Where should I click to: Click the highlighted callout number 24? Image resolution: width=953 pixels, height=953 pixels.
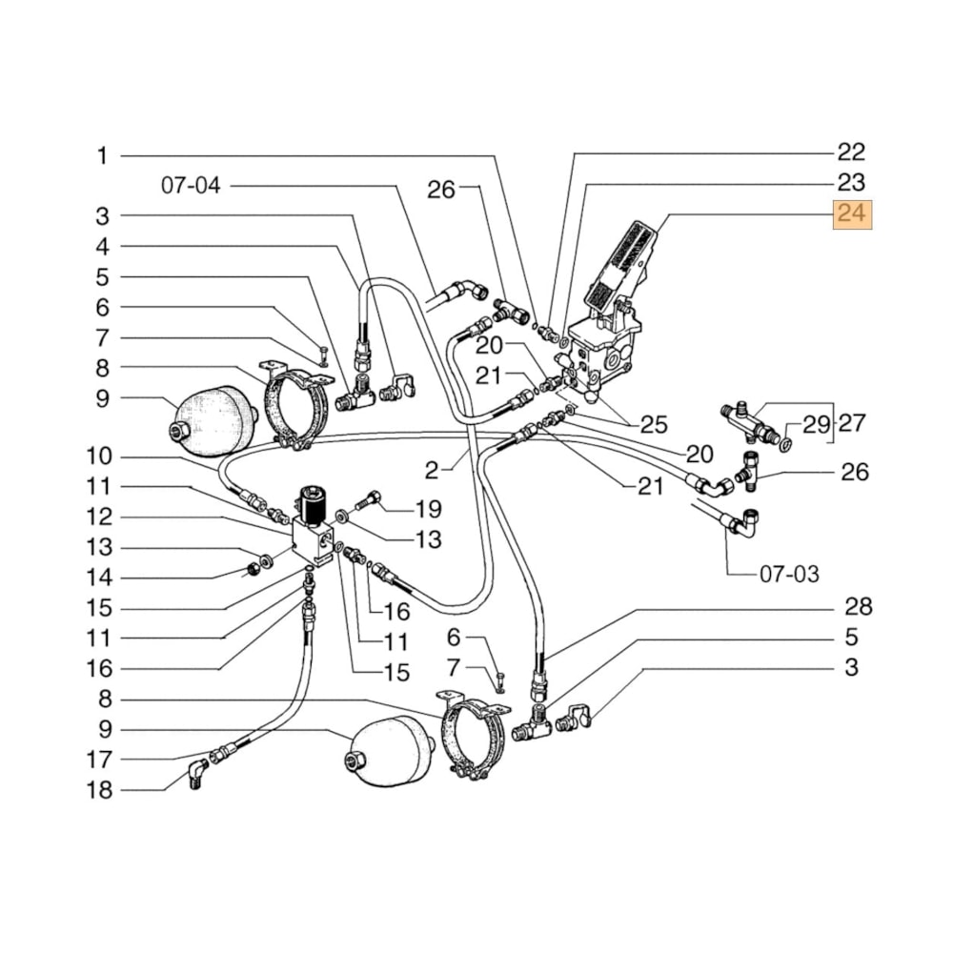tap(851, 215)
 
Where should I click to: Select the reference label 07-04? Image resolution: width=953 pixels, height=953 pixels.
tap(191, 186)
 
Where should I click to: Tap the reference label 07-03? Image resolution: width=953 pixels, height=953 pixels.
tap(789, 575)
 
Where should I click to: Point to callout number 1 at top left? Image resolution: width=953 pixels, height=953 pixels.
tap(102, 156)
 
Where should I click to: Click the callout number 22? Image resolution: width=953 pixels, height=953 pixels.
tap(850, 152)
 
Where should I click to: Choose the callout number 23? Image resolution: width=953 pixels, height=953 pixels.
tap(850, 182)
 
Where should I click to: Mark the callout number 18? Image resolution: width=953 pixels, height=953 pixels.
tap(98, 790)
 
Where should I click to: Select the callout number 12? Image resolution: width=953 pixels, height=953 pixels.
tap(98, 517)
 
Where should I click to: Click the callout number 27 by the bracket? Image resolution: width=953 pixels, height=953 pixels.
tap(850, 422)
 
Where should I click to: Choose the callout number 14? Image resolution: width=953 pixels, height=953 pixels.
tap(98, 578)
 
